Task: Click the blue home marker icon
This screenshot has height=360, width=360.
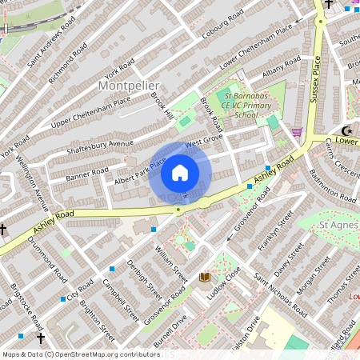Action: [x=180, y=172]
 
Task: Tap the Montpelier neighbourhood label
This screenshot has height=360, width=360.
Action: [x=128, y=84]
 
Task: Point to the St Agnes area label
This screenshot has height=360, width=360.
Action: [x=336, y=226]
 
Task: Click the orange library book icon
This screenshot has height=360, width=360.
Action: [x=205, y=277]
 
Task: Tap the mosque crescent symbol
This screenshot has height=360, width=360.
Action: [x=346, y=130]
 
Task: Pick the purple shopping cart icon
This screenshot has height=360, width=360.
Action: [x=298, y=132]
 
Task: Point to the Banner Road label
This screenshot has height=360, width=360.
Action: [x=86, y=173]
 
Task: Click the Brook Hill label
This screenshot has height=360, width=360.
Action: [x=162, y=105]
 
